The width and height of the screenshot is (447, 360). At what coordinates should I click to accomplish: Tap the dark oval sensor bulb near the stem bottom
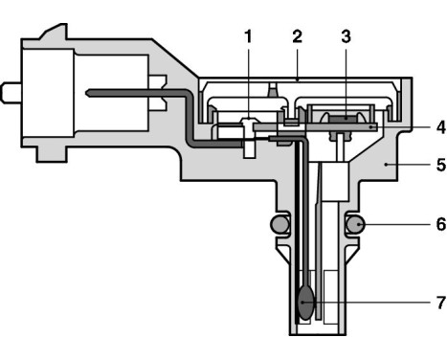pyautogui.click(x=305, y=304)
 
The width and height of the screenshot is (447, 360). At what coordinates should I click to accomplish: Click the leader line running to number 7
pyautogui.click(x=364, y=304)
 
